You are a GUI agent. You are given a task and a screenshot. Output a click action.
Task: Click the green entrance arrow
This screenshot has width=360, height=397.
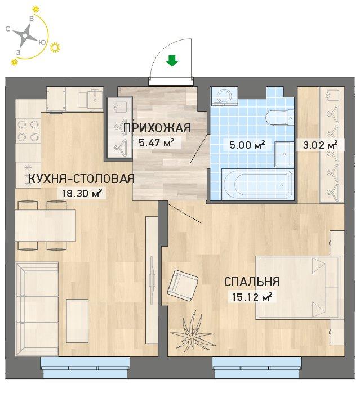coord(172,61)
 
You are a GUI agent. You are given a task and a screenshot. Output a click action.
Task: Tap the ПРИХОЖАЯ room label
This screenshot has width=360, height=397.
coord(157,128)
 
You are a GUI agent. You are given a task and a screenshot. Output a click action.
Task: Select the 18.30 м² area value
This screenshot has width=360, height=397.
coord(82,194)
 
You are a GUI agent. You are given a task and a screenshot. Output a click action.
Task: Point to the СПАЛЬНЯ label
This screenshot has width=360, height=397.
coord(252,282)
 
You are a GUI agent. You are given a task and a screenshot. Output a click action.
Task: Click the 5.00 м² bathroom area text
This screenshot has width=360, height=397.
coord(247,145)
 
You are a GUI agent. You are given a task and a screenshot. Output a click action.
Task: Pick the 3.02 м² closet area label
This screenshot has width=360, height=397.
coord(320,145)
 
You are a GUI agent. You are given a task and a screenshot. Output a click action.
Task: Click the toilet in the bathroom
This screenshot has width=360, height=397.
coord(279,118)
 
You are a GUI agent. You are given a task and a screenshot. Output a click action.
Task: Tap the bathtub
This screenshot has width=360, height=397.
coord(257,184)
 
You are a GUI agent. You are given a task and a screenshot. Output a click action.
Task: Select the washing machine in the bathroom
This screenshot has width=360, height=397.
coord(224,96)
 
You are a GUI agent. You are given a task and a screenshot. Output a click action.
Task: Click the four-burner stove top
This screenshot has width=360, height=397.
coord(28,131)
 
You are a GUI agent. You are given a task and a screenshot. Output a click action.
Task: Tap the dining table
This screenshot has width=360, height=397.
coord(45,225)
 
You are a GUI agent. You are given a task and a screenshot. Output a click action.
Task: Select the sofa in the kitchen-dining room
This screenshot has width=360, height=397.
coord(37,309)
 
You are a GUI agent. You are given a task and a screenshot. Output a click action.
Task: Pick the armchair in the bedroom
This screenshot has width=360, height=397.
coord(183,286)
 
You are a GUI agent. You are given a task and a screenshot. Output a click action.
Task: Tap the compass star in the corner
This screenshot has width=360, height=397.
coord(25,36)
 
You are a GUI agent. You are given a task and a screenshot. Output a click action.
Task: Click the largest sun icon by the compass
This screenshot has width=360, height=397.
coord(55,48)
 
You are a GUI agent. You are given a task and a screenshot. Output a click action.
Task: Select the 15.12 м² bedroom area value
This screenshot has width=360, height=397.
coord(252,297)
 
